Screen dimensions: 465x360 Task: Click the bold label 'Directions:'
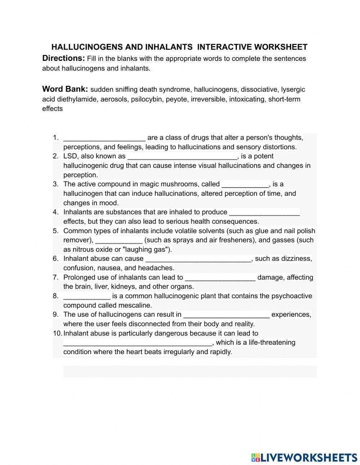[x=63, y=58]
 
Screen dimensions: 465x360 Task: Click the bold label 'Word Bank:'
[x=65, y=89]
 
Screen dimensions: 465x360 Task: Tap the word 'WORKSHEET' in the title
[x=281, y=47]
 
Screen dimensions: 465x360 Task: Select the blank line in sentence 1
[x=104, y=138]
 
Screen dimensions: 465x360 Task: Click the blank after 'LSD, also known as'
[x=182, y=157]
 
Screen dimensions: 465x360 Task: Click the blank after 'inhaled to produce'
[x=264, y=213]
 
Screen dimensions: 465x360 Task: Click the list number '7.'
[x=55, y=277]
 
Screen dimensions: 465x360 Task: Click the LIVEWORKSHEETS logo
[x=304, y=457]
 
